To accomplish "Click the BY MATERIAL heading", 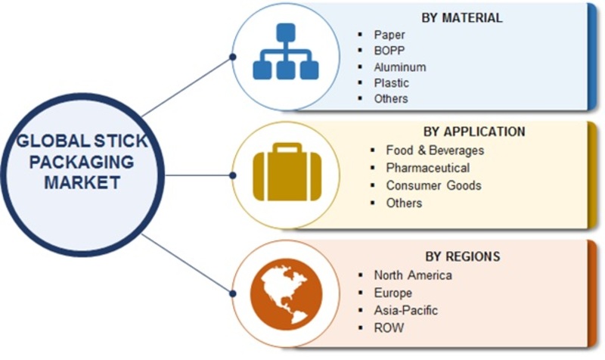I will tap(461, 17).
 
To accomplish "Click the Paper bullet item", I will tap(389, 35).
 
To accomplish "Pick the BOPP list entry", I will tap(389, 51).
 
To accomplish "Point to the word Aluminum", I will tap(399, 67).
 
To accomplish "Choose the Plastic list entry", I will tap(392, 83).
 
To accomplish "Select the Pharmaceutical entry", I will tap(427, 167).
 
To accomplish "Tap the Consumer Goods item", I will tap(433, 185).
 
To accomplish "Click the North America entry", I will tap(412, 275).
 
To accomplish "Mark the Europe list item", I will tap(392, 293).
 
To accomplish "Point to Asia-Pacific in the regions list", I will tap(405, 310).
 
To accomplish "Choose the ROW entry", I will tap(389, 327).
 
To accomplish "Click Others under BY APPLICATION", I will tap(403, 203).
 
